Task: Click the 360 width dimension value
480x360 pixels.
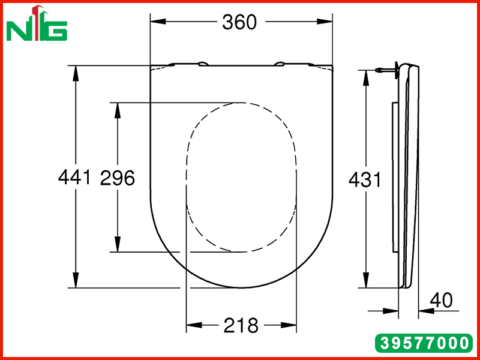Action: (x=239, y=22)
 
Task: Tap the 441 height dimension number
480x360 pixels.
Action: (x=74, y=177)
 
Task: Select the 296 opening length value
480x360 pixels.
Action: (x=118, y=178)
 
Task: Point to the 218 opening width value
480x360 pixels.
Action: (x=241, y=325)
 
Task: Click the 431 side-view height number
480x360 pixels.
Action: (x=365, y=179)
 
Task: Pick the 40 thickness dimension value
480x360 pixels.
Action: (x=441, y=301)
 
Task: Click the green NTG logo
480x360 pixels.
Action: (x=37, y=23)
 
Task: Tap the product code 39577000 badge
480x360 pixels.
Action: (x=424, y=343)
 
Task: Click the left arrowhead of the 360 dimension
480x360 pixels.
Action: (x=158, y=22)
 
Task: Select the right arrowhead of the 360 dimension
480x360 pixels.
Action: (x=325, y=22)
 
